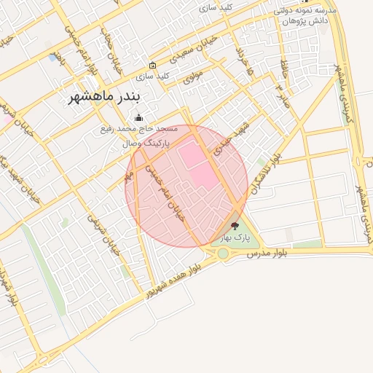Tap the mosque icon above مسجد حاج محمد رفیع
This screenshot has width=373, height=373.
(x=138, y=118)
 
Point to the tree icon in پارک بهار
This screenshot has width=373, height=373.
(x=234, y=227)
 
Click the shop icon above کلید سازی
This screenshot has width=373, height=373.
(x=152, y=65)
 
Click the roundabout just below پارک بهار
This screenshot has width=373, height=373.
(x=223, y=254)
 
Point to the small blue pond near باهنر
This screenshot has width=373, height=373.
(x=53, y=56)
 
